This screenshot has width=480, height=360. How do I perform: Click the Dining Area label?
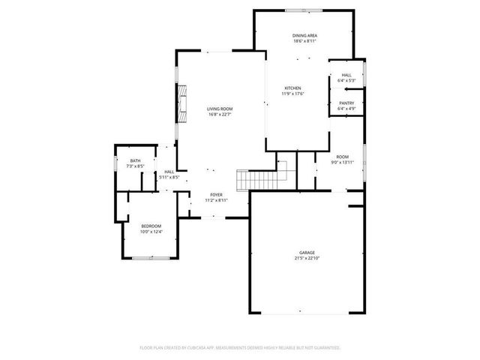pyautogui.click(x=304, y=36)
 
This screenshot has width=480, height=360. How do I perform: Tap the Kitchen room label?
pyautogui.click(x=292, y=88)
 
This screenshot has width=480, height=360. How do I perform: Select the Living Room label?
pyautogui.click(x=219, y=109)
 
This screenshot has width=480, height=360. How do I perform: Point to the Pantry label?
pyautogui.click(x=346, y=103)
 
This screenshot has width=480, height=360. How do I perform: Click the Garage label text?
pyautogui.click(x=307, y=253)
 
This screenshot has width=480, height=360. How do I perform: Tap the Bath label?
pyautogui.click(x=135, y=160)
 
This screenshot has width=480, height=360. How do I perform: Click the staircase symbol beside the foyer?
pyautogui.click(x=253, y=180)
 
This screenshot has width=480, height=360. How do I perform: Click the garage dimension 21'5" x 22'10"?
pyautogui.click(x=307, y=259)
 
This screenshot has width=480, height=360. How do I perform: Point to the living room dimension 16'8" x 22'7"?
pyautogui.click(x=219, y=115)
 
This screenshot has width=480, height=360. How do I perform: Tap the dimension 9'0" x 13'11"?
pyautogui.click(x=341, y=161)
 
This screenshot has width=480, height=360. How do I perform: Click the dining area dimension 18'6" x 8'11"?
pyautogui.click(x=304, y=42)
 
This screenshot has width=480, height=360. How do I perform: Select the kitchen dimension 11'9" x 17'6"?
pyautogui.click(x=292, y=94)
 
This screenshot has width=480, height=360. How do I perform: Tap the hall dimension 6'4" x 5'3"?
pyautogui.click(x=346, y=81)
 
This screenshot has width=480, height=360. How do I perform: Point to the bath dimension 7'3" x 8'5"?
pyautogui.click(x=135, y=166)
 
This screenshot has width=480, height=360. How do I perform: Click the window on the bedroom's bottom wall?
pyautogui.click(x=149, y=258)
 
